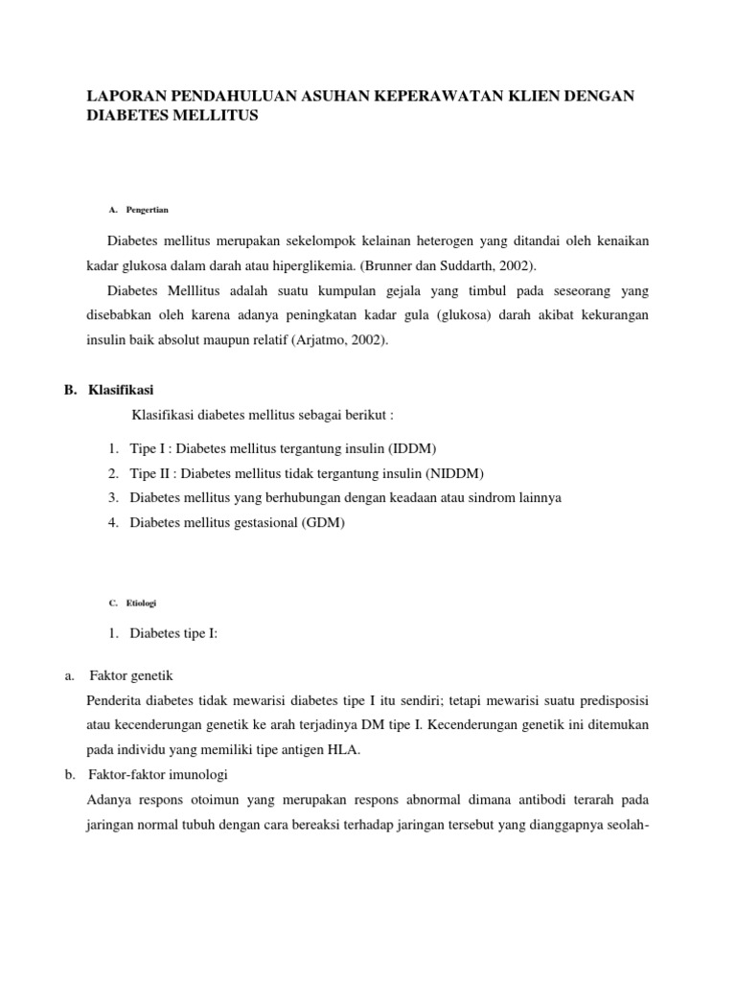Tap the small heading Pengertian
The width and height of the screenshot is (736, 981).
148,209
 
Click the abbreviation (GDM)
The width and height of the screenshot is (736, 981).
323,523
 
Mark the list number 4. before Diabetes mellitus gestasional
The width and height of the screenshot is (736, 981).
113,523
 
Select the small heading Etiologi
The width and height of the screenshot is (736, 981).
141,604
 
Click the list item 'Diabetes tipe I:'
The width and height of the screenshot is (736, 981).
173,633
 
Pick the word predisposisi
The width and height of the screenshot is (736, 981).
611,701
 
